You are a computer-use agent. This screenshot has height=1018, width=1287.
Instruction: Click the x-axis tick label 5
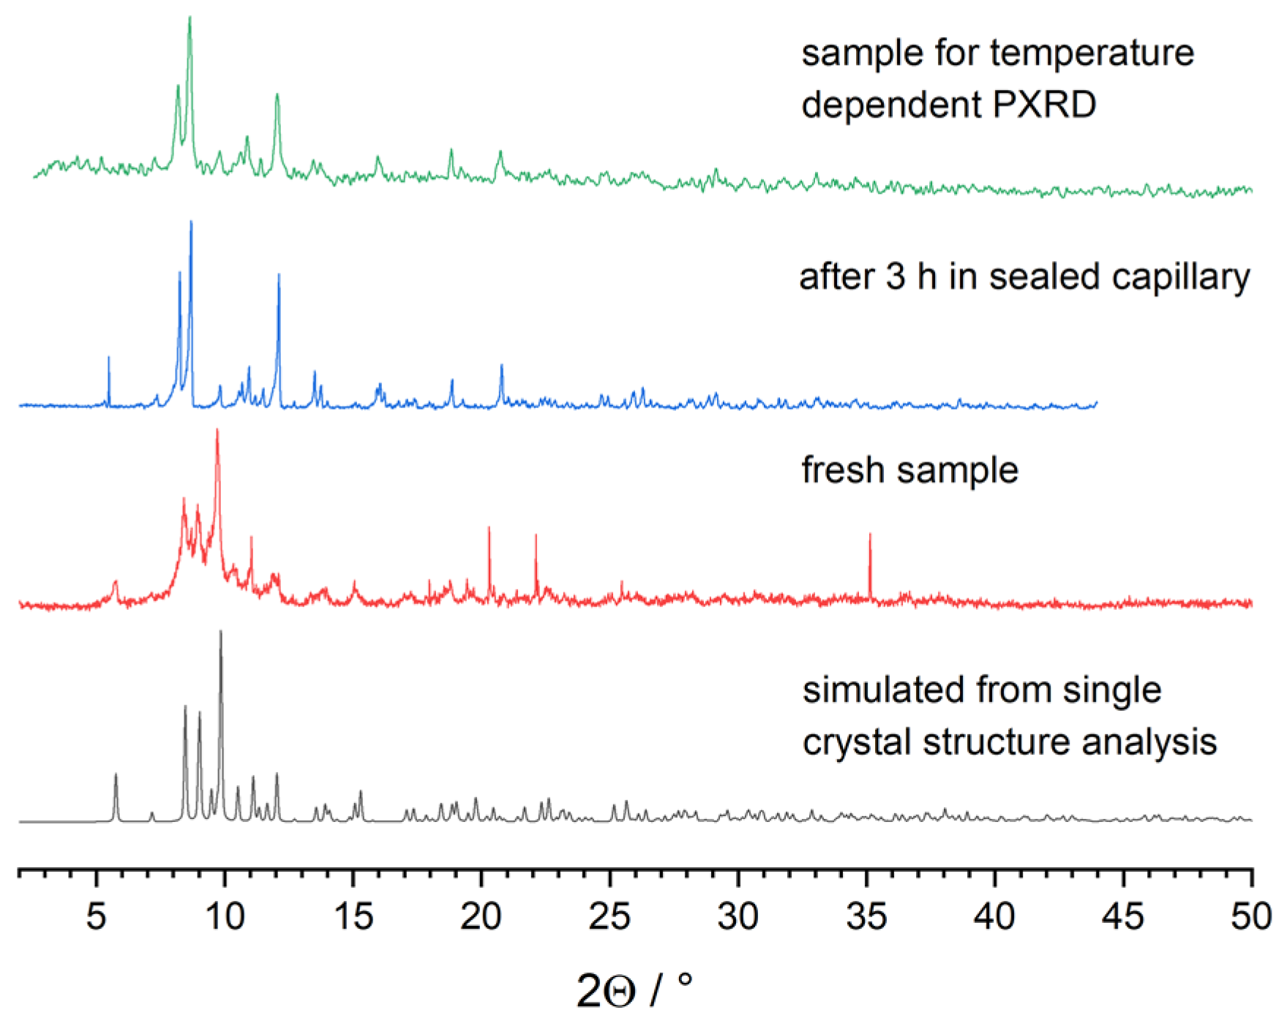coord(96,916)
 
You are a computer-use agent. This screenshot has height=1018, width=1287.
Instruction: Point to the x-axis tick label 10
coord(224,916)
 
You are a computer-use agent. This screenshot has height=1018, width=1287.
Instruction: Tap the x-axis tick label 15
coord(353,916)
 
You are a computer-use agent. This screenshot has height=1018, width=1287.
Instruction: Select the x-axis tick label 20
coord(481,916)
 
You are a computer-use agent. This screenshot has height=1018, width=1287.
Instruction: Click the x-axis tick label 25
coord(609,916)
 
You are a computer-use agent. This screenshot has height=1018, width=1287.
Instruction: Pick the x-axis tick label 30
coord(738,916)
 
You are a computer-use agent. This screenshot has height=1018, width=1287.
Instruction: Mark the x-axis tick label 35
coord(866,916)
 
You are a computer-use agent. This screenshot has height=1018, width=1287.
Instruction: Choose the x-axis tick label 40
coord(994,916)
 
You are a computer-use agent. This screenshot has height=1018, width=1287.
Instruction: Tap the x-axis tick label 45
coord(1123,916)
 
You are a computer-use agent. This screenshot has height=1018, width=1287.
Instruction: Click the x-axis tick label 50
coord(1251,916)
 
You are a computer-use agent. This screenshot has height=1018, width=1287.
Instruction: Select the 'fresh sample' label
coord(909,470)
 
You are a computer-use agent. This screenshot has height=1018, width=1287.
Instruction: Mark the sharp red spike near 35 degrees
coord(870,536)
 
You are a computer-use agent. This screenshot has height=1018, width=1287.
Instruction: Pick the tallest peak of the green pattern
coord(190,18)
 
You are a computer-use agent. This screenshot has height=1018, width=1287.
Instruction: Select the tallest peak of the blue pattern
coord(191,223)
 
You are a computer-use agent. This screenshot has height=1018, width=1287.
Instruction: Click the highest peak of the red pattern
coord(217,431)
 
